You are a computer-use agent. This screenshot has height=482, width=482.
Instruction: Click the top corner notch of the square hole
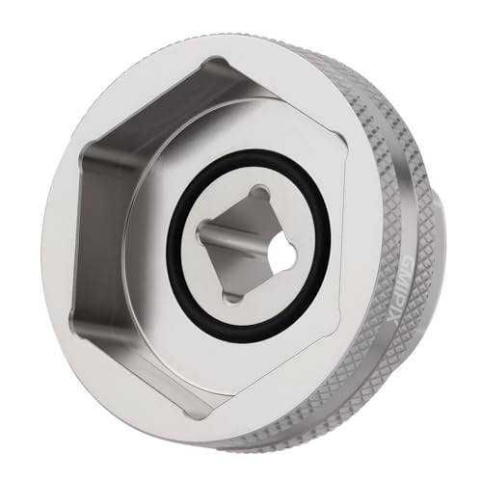pos(258,193)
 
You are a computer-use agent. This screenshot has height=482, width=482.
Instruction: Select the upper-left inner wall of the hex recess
pos(135,106)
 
